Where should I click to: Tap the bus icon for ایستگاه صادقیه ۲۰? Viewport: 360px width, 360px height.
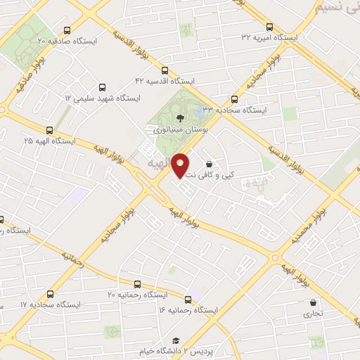tap(67, 30)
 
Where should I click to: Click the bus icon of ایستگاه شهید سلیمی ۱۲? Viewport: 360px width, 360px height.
tap(103, 88)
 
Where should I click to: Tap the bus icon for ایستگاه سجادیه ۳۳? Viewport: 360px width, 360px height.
tap(234, 100)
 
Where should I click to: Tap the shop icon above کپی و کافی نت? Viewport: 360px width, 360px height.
tap(210, 164)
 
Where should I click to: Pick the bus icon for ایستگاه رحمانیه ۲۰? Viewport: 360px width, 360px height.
tap(137, 284)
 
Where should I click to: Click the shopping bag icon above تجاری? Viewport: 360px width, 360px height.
tap(313, 303)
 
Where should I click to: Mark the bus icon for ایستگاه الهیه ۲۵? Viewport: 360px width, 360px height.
tap(49, 130)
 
